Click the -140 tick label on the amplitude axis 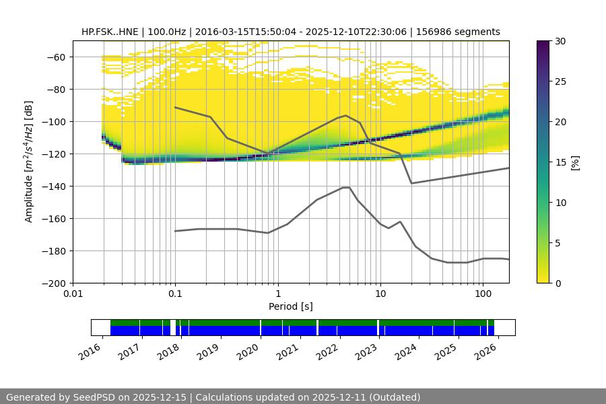click(56, 187)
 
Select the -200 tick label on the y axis click(56, 283)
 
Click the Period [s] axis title click(290, 306)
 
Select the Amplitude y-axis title click(28, 162)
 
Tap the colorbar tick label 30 click(560, 42)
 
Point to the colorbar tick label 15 click(560, 162)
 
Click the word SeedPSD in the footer click(99, 397)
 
